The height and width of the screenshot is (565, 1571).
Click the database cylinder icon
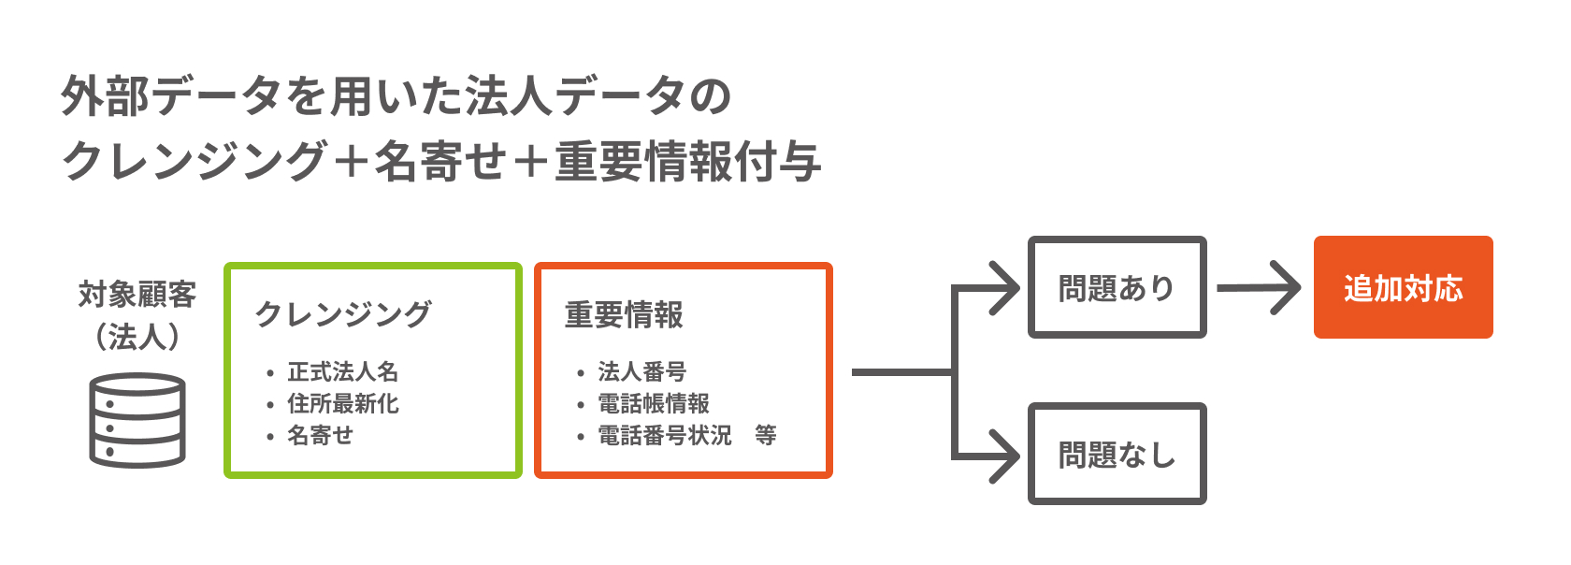pyautogui.click(x=137, y=420)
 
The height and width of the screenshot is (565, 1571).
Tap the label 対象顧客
pyautogui.click(x=137, y=295)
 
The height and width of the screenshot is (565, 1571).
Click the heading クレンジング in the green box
pyautogui.click(x=343, y=314)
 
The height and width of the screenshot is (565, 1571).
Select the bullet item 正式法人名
pyautogui.click(x=343, y=372)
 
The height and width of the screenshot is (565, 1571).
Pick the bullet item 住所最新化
pyautogui.click(x=343, y=404)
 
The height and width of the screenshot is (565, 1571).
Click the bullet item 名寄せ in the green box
pyautogui.click(x=320, y=436)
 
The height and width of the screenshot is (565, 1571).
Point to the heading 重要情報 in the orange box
pyautogui.click(x=625, y=314)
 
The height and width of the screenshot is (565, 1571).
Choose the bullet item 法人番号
pyautogui.click(x=642, y=372)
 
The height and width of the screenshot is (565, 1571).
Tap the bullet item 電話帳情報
pyautogui.click(x=654, y=404)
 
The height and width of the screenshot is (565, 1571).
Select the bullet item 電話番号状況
pyautogui.click(x=665, y=436)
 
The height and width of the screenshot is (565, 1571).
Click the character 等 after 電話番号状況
pyautogui.click(x=766, y=436)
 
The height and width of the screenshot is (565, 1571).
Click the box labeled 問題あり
pyautogui.click(x=1117, y=287)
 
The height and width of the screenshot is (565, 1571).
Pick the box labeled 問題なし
pyautogui.click(x=1117, y=455)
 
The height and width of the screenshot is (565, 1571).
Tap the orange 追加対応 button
pyautogui.click(x=1403, y=287)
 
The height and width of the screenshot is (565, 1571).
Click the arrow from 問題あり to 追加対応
pyautogui.click(x=1259, y=288)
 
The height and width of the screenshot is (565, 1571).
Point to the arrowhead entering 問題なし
pyautogui.click(x=1005, y=456)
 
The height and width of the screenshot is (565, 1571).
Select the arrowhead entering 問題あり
pyautogui.click(x=1005, y=288)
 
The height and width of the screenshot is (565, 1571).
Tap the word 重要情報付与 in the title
pyautogui.click(x=688, y=161)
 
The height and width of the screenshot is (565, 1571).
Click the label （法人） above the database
pyautogui.click(x=137, y=337)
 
